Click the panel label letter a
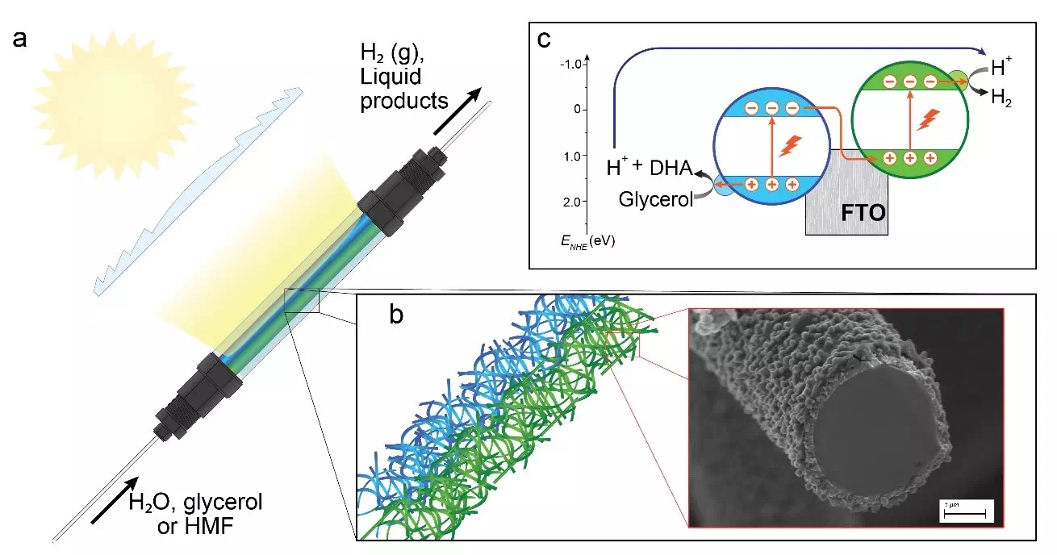(24, 40)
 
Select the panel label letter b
(396, 315)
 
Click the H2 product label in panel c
(1001, 102)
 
